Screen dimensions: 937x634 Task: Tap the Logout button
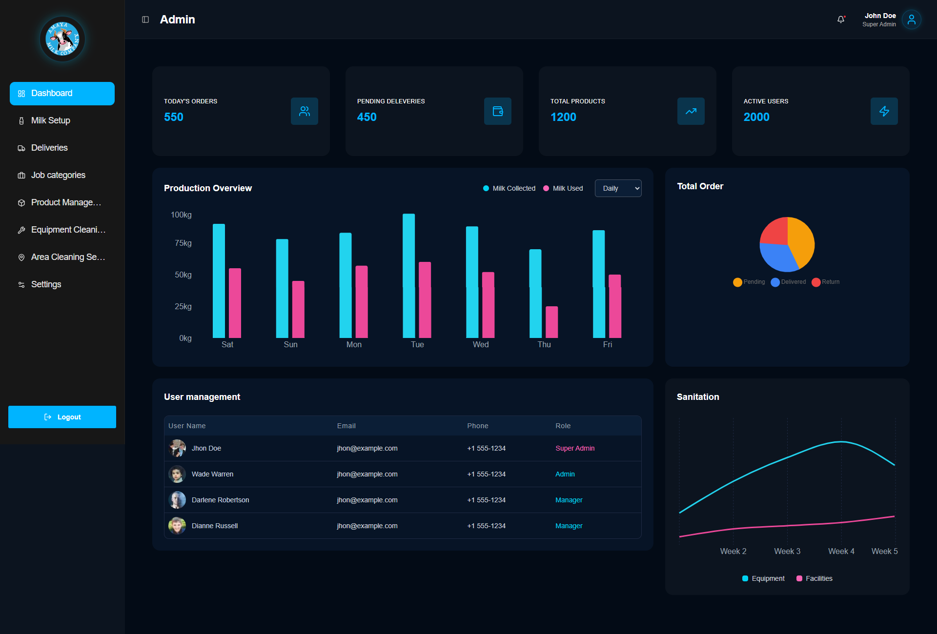(x=62, y=417)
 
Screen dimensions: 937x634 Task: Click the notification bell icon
(x=841, y=20)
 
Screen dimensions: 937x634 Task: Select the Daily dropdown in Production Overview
(x=618, y=188)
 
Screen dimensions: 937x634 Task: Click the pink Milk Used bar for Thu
(x=551, y=322)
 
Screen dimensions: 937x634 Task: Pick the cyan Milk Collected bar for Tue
(x=409, y=276)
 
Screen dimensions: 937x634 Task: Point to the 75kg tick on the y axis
(x=183, y=243)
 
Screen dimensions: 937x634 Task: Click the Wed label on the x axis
(x=481, y=344)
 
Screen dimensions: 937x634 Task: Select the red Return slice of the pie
(x=775, y=231)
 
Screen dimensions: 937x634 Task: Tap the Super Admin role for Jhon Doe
(x=575, y=448)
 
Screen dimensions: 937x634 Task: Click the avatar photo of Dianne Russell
(x=177, y=526)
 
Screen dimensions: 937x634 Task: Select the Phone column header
(x=478, y=426)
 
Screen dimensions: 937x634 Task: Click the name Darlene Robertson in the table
(x=220, y=500)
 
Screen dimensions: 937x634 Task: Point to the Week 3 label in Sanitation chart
(x=787, y=551)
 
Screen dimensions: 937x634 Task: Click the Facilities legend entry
(x=814, y=578)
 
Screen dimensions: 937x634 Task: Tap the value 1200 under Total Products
(x=563, y=117)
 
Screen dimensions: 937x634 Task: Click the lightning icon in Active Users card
(x=884, y=111)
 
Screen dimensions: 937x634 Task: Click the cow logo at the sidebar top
(x=62, y=39)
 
